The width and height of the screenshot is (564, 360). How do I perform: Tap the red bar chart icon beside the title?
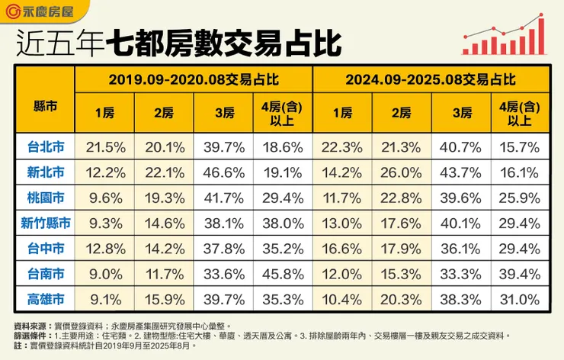(504, 37)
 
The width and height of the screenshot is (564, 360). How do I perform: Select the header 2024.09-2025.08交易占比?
(431, 79)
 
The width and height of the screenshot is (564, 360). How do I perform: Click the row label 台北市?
(44, 146)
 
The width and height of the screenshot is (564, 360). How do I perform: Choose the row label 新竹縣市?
(44, 223)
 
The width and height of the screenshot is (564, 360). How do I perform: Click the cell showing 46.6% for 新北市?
(224, 172)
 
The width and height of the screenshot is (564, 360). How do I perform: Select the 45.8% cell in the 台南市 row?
(283, 275)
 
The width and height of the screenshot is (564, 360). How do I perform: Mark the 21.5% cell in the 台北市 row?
(104, 146)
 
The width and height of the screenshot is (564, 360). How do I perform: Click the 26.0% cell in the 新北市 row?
(401, 172)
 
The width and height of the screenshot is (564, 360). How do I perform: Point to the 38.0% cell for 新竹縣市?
(283, 223)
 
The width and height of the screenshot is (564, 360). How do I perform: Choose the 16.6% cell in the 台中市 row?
(342, 249)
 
